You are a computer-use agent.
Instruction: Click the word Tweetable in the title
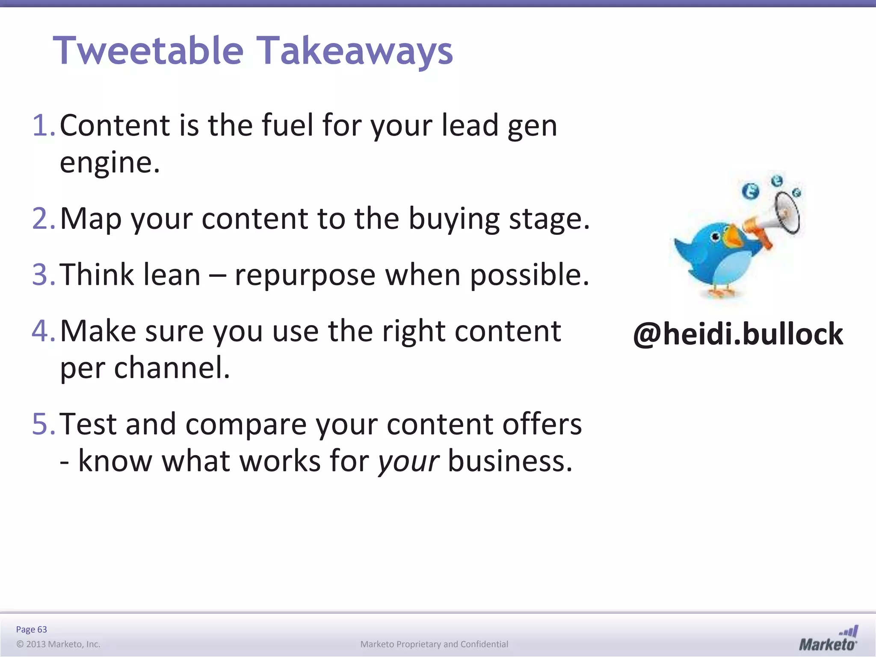(x=148, y=50)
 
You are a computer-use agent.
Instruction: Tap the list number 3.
(x=43, y=275)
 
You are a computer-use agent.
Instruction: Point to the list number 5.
(x=43, y=424)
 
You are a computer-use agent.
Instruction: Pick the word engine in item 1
(x=109, y=163)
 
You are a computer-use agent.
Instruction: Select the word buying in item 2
(x=454, y=219)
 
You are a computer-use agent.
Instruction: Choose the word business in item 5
(x=509, y=461)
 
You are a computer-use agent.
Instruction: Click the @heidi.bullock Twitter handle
(x=738, y=334)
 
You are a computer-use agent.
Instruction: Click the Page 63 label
(x=31, y=629)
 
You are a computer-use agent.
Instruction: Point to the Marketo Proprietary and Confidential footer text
(x=434, y=644)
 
